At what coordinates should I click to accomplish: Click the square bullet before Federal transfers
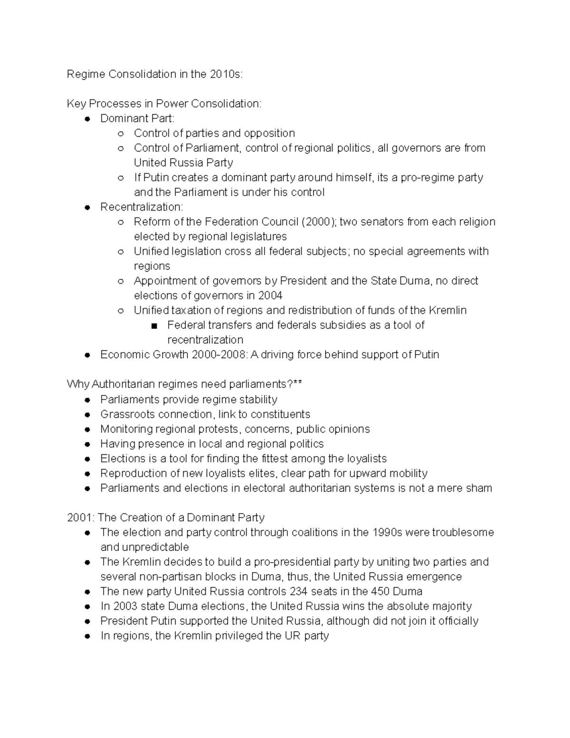click(x=153, y=326)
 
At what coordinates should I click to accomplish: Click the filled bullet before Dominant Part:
click(x=87, y=119)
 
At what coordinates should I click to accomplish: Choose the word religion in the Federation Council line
click(x=476, y=222)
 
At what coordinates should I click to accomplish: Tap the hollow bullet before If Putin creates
click(x=121, y=178)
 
